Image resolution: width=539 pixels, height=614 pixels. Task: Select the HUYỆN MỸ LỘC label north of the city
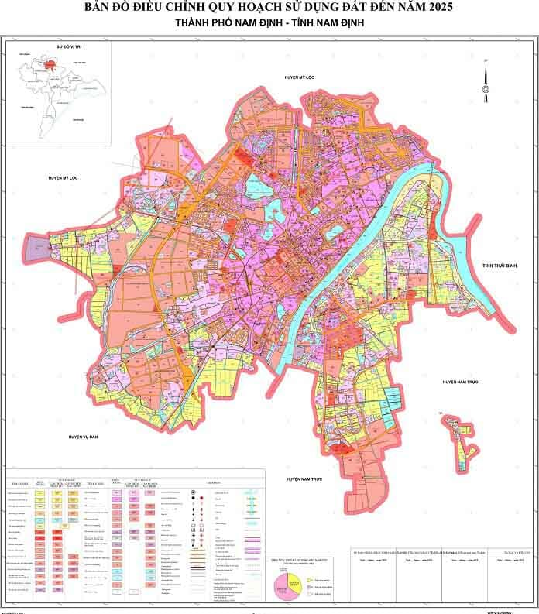(x=300, y=78)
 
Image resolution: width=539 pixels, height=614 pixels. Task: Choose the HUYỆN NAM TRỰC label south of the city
(x=303, y=480)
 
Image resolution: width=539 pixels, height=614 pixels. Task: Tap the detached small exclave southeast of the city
(x=462, y=442)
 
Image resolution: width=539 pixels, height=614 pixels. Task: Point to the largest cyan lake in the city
(x=256, y=187)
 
